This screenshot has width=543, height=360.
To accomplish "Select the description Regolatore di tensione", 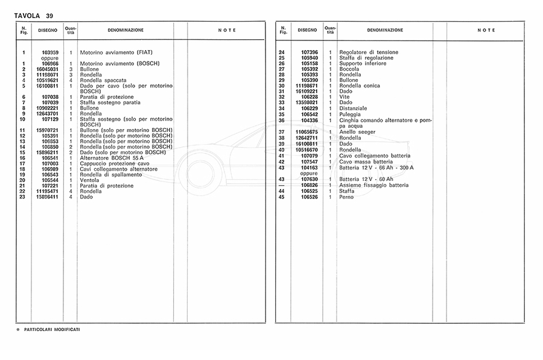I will point(369,52).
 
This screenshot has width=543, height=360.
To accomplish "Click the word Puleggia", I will point(350,113).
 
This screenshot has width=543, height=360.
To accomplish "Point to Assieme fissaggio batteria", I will point(374,185).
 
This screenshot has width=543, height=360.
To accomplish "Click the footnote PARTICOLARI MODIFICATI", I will point(52,329).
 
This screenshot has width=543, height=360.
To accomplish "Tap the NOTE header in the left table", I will point(227,31).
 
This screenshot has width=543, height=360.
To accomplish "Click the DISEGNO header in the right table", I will point(307,30).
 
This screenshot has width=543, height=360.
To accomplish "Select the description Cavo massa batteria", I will point(366,162).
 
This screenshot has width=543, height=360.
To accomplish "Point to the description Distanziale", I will point(354,108).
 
